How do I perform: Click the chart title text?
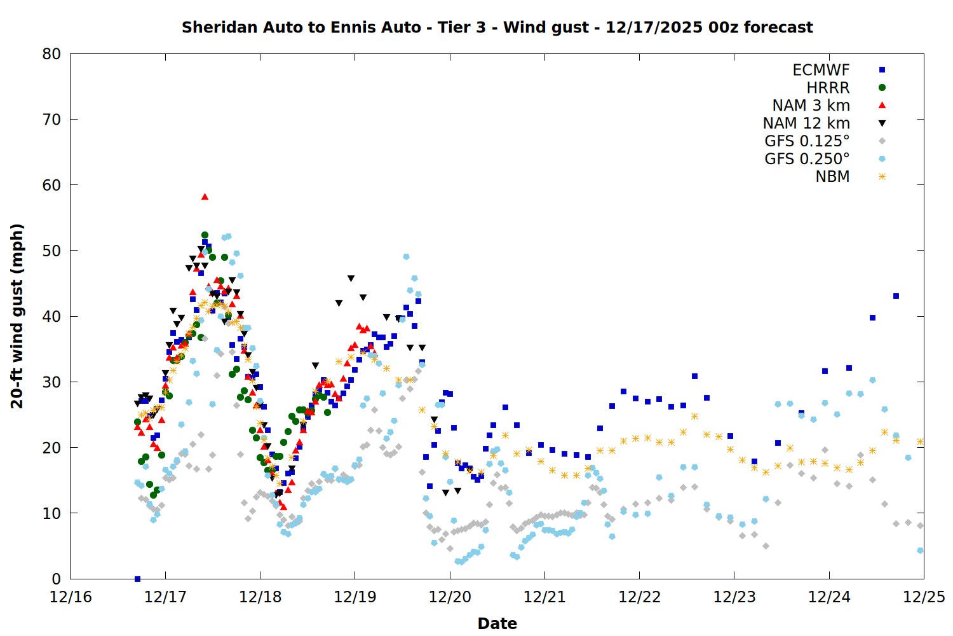[497, 27]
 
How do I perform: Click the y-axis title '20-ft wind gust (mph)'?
[17, 316]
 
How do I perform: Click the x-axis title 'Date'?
[497, 623]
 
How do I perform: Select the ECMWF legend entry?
[821, 70]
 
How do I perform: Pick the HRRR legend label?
[828, 88]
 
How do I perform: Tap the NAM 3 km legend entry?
[811, 106]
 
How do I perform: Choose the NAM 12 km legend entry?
[806, 123]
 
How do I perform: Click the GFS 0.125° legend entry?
[807, 141]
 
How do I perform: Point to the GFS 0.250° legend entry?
[807, 159]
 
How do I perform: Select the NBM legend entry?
[832, 177]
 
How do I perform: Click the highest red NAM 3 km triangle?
[205, 197]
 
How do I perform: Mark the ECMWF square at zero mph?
[137, 579]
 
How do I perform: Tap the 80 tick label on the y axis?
[51, 54]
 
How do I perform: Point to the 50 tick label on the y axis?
[51, 251]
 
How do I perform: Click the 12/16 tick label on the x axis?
[71, 597]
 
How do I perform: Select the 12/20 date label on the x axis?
[450, 597]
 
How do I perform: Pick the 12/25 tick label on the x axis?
[924, 597]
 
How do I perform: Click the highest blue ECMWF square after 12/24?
[896, 296]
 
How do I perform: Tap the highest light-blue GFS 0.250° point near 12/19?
[406, 257]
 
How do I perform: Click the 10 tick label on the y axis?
[51, 513]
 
